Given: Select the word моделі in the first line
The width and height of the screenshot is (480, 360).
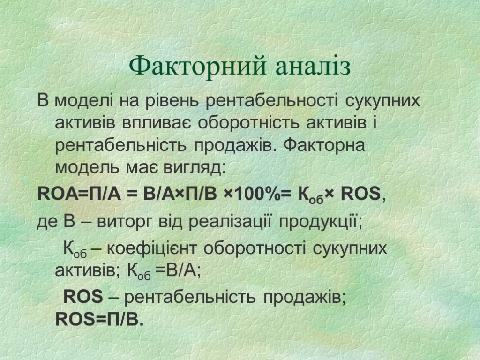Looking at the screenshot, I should [83, 101].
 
